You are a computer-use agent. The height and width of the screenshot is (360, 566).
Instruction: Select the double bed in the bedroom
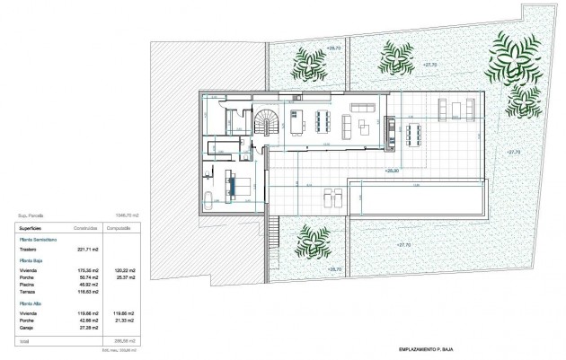pos(242,186)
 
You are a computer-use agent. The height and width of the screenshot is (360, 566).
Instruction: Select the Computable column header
pos(120,228)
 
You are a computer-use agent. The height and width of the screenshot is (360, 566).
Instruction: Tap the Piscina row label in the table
pos(29,283)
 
